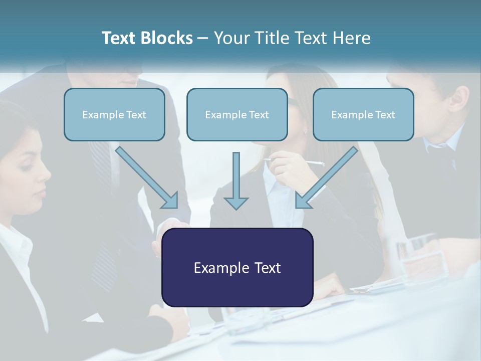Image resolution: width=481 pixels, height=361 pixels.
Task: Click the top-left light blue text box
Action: [x=114, y=114]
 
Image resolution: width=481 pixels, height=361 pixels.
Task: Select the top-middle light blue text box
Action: [x=237, y=114]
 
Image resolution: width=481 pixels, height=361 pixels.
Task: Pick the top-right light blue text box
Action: [x=363, y=114]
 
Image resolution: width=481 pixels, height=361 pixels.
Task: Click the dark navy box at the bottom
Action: [x=237, y=267]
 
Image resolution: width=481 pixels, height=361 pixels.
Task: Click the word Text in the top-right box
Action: [x=384, y=115]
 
